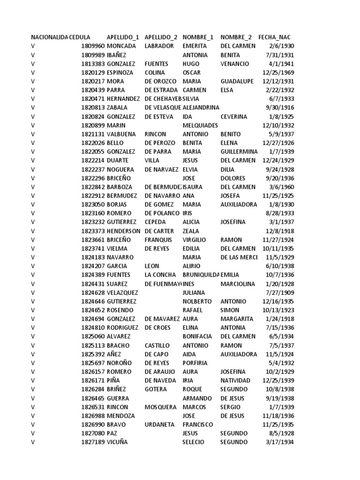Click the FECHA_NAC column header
point(277,37)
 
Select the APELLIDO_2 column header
point(161,37)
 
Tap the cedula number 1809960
point(93,46)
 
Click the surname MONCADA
point(121,46)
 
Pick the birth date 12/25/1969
point(278,73)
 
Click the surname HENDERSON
point(123,231)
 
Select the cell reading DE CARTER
point(159,231)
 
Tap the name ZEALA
point(191,231)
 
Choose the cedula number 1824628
point(93,293)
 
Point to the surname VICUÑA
point(117,442)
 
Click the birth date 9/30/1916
point(280,108)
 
